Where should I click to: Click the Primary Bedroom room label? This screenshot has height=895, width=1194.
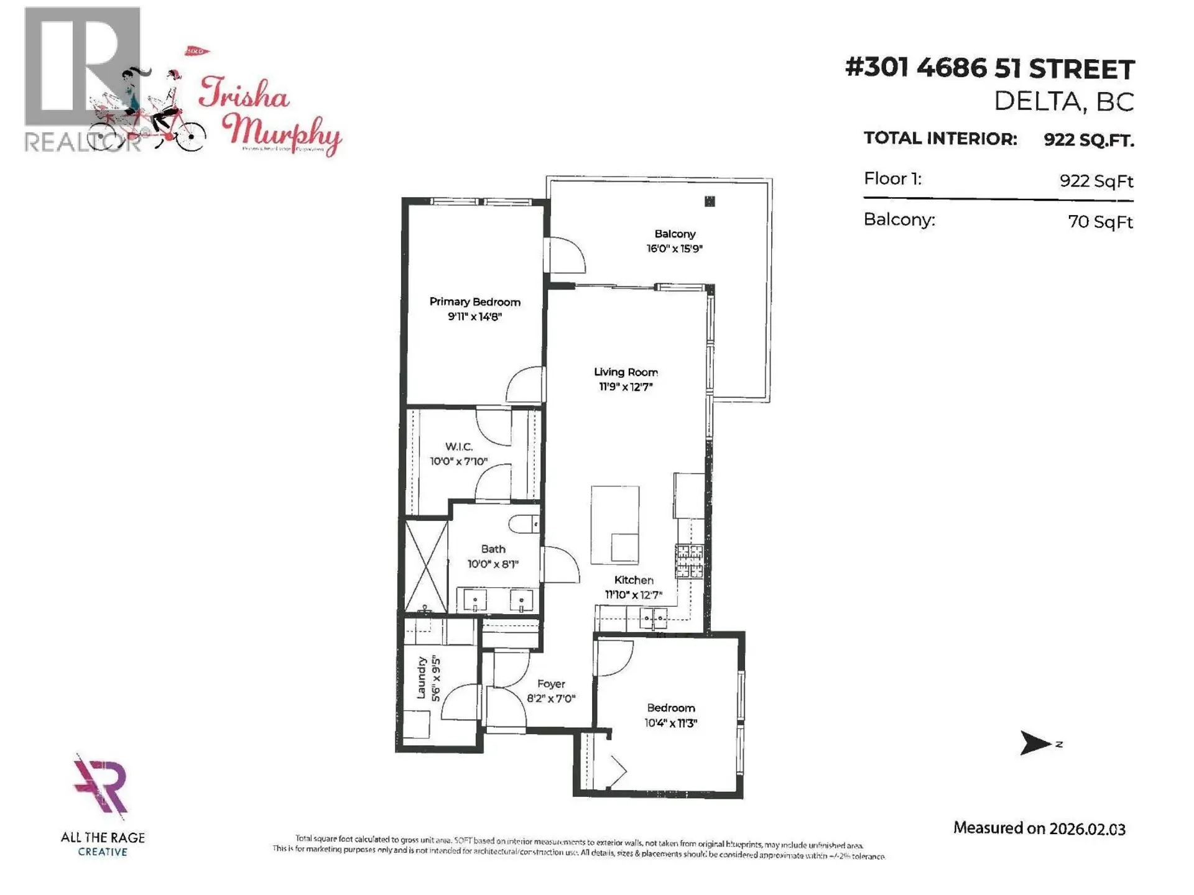474,302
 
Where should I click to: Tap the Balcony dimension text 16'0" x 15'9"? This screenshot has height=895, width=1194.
674,249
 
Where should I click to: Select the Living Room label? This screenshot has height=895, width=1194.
626,372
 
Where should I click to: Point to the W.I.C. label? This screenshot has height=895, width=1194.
459,447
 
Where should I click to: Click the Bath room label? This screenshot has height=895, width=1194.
493,549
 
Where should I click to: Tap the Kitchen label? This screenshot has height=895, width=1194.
634,580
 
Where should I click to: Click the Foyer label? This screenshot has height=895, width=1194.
551,684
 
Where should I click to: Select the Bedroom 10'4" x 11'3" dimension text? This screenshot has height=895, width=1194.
670,723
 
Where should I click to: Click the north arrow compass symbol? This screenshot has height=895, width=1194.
1035,743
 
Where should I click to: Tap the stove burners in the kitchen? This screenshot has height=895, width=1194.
690,561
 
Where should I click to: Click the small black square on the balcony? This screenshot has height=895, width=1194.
710,201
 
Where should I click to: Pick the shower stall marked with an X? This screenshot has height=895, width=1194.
426,566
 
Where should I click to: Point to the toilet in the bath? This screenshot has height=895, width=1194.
524,525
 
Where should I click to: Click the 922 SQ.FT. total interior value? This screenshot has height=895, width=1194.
1088,140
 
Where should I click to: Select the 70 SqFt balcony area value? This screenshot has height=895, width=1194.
1100,222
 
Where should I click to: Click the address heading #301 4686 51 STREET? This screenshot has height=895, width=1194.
990,68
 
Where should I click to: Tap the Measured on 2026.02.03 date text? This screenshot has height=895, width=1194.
1039,828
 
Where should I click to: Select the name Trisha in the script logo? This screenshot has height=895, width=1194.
244,94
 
